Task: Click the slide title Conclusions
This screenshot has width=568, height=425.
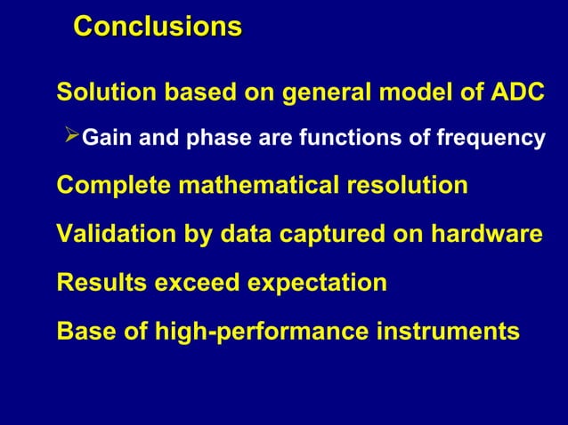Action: coord(157,27)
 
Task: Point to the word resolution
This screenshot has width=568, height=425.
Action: coord(405,187)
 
